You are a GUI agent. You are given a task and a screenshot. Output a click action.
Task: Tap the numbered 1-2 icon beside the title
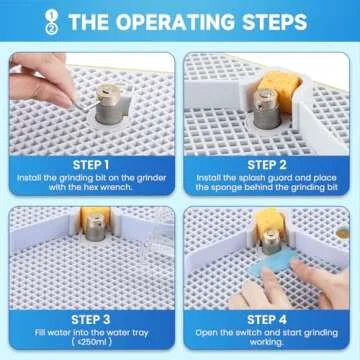52,22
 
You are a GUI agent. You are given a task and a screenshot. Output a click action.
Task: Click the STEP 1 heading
91,165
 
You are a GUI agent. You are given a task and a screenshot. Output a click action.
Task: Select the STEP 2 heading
267,165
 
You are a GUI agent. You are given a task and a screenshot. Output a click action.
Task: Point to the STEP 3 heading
91,320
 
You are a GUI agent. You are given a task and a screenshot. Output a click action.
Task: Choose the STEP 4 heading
267,320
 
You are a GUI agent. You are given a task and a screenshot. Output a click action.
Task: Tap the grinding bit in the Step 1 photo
108,103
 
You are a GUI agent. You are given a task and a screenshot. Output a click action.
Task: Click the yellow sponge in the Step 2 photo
279,86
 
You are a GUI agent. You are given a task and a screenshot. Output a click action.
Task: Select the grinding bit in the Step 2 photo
267,108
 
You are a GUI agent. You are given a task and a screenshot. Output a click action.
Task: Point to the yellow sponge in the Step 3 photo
95,216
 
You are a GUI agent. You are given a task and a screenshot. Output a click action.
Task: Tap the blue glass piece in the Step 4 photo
274,261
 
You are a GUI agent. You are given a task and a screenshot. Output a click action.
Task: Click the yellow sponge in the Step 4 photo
270,222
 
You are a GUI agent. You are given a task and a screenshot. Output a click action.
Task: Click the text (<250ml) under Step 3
91,342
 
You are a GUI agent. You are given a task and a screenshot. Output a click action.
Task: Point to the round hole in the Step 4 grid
343,233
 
